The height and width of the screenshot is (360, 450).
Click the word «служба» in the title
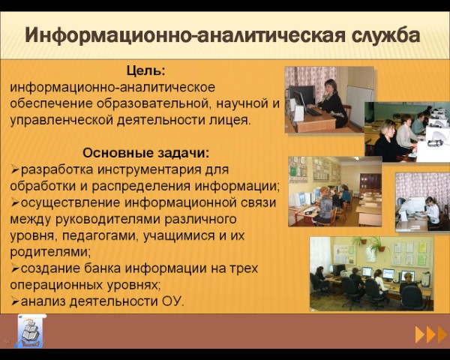tap(386, 36)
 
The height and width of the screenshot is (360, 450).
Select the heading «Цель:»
tap(146, 70)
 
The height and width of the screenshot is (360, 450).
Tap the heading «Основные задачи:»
tap(146, 153)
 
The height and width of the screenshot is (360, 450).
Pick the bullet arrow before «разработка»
tap(15, 170)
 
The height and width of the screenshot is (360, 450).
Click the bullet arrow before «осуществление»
tap(15, 203)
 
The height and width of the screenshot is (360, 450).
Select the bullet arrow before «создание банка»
tap(15, 269)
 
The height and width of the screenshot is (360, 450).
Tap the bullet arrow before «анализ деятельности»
tap(15, 302)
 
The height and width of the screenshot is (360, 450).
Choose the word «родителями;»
tap(50, 252)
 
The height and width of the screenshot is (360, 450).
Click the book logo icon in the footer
tap(31, 331)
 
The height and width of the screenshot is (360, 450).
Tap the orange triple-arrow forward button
tap(430, 334)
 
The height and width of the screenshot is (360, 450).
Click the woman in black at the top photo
tap(333, 103)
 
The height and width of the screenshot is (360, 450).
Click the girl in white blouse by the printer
tap(432, 210)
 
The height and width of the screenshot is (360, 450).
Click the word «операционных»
tap(56, 285)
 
